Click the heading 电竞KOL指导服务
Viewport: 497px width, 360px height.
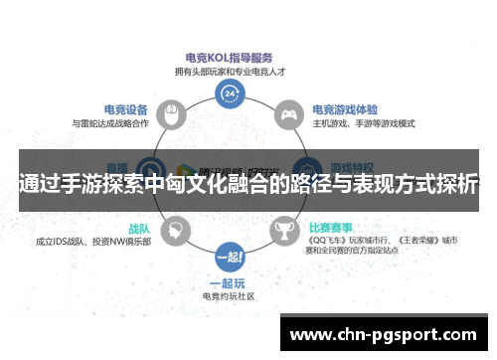point(231,59)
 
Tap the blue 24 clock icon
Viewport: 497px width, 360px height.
point(231,94)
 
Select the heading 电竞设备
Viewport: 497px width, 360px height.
point(127,109)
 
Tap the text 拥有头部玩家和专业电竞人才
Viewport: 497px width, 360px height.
point(231,73)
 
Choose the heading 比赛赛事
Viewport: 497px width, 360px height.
point(334,228)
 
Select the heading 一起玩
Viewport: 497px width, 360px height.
point(230,283)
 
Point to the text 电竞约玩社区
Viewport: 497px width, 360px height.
point(230,297)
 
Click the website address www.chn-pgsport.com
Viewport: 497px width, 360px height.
point(383,334)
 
